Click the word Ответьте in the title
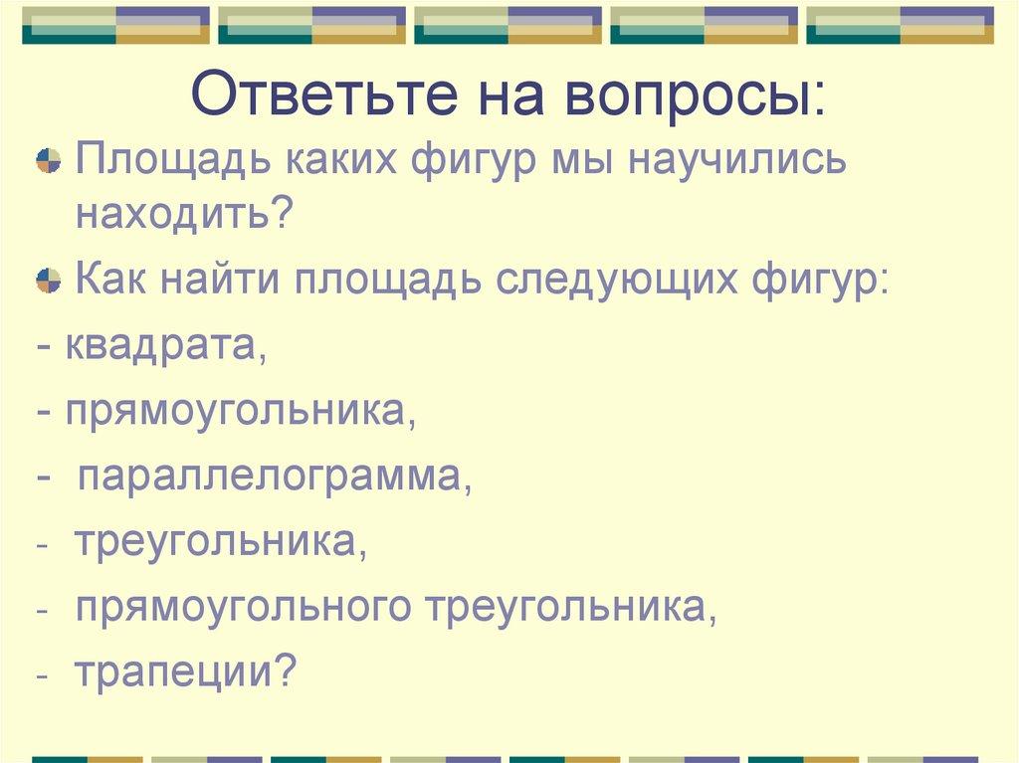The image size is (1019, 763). pyautogui.click(x=324, y=96)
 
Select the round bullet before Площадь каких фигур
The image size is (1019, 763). pyautogui.click(x=47, y=161)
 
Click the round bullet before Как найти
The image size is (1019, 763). pyautogui.click(x=47, y=277)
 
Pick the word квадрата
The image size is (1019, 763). pyautogui.click(x=165, y=346)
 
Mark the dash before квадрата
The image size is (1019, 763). pyautogui.click(x=46, y=347)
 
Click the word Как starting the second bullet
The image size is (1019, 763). pyautogui.click(x=107, y=276)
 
